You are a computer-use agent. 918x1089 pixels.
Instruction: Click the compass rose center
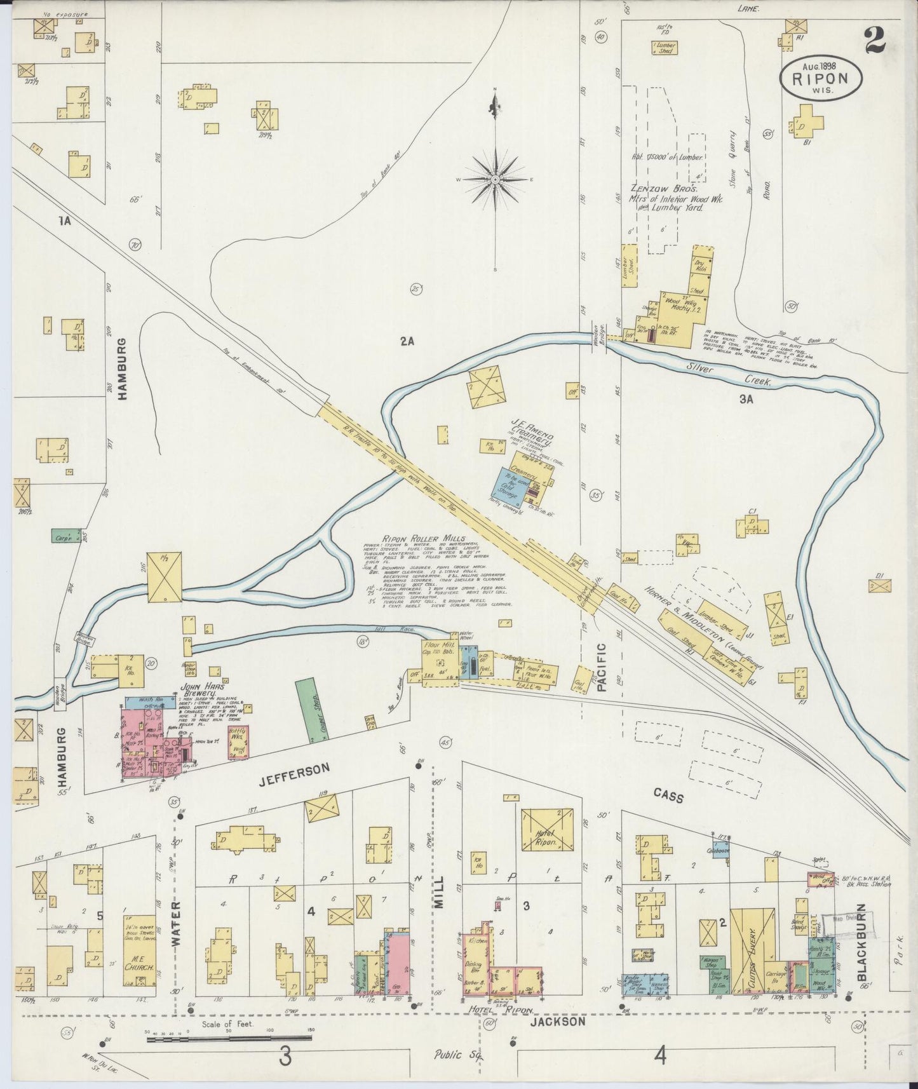tap(495, 180)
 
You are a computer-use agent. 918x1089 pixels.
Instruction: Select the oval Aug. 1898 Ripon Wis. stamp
tap(821, 78)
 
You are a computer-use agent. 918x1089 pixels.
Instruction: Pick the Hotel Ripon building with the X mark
tap(547, 830)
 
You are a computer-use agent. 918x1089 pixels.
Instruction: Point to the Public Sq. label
tap(458, 1056)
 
